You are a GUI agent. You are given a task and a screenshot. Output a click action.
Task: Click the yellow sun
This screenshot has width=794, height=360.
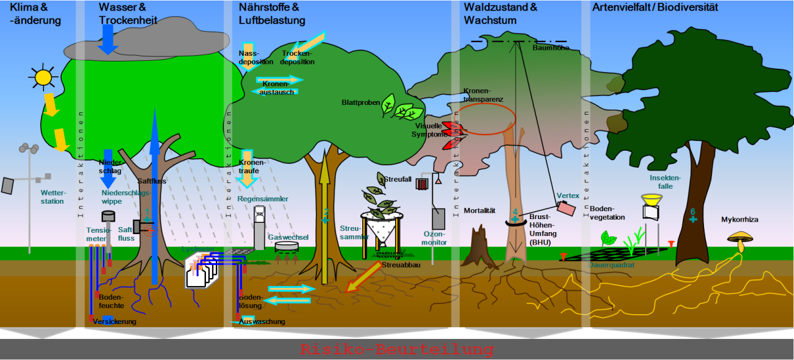coord(43,77)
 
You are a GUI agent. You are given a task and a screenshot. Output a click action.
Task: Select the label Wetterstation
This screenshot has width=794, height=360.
coord(52,197)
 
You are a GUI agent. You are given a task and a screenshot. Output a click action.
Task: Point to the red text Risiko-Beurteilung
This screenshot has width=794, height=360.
coord(396,349)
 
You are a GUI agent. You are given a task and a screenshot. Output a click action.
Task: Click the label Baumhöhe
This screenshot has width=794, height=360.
coord(551,48)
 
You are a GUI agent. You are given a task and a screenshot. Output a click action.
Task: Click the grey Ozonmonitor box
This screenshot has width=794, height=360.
coord(439,218)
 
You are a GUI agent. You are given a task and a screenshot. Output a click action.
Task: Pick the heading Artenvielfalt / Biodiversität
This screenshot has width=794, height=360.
coord(655,7)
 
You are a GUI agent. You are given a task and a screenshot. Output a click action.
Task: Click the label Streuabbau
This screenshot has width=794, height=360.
coord(399,266)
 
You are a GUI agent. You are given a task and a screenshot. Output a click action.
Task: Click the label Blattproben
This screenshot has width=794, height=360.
coord(360,102)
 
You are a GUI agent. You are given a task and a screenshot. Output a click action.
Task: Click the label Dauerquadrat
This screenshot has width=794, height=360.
coord(612,264)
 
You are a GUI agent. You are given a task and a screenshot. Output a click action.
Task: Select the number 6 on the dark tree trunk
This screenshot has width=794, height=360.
coord(693,212)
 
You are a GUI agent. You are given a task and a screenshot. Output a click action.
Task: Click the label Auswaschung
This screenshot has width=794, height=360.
coord(262,322)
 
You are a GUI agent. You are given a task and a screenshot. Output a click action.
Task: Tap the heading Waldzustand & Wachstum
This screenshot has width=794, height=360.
coord(500,14)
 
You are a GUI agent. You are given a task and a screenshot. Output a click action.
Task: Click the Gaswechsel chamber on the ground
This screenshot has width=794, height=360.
coord(285,247)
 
